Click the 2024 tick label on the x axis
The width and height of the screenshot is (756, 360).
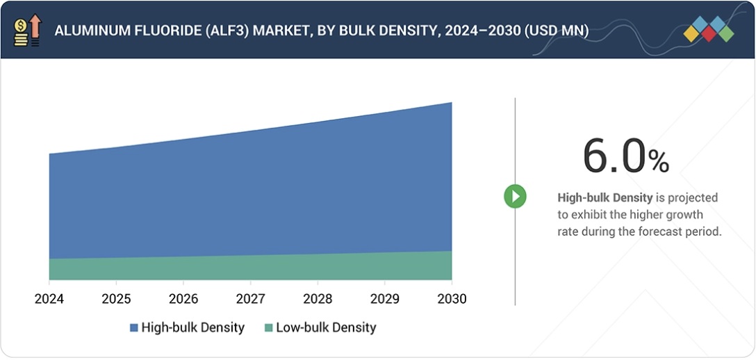coord(49,299)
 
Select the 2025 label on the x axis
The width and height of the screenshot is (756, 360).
coord(116,299)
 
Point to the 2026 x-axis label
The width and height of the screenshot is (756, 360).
coord(183,299)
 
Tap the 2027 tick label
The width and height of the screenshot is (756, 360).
coord(250,299)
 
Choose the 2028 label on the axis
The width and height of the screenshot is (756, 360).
coord(318,299)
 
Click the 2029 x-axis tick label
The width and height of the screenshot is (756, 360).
coord(384,299)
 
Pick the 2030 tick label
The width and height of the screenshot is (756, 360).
coord(452,299)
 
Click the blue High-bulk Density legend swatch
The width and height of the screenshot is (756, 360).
coord(133,327)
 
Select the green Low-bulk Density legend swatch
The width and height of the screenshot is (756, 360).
coord(268,327)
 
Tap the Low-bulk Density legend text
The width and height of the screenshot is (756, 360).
coord(326,327)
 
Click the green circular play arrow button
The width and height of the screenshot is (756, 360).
coord(515,197)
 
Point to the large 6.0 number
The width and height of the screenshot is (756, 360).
coord(614,156)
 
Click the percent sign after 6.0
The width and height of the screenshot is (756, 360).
coord(659,162)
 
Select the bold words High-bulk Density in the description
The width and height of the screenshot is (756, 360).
coord(605,198)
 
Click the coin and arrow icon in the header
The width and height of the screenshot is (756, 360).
coord(27,31)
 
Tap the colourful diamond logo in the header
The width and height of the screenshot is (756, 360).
coord(708,30)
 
